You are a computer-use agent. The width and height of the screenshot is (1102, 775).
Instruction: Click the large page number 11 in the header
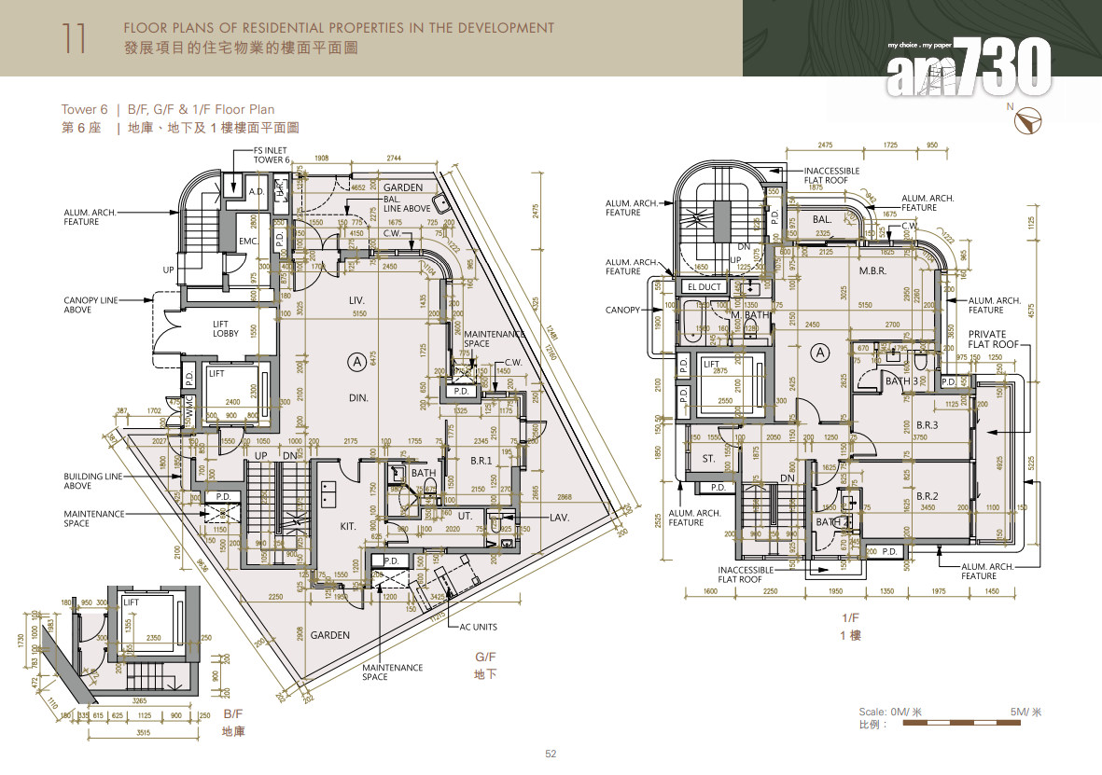pos(75,39)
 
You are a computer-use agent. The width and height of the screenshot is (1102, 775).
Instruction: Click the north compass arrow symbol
pos(1031,120)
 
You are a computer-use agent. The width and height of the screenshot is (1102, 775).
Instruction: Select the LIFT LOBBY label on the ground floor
pos(226,328)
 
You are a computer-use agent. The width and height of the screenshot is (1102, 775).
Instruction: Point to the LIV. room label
pos(356,299)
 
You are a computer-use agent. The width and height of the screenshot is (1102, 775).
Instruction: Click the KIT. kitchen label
pos(348,527)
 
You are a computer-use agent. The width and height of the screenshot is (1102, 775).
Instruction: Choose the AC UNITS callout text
pos(478,627)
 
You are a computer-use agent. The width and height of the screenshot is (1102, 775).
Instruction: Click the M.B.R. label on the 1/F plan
pos(872,271)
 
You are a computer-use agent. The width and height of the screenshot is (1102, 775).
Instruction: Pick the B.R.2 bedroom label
pos(927,496)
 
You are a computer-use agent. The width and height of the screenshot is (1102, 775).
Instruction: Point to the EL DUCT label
pos(704,287)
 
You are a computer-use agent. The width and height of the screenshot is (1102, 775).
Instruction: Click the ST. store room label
pos(708,459)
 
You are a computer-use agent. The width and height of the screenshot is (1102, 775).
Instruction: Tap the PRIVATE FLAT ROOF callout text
pos(987,339)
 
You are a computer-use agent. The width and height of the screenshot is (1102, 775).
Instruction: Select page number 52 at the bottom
pos(551,754)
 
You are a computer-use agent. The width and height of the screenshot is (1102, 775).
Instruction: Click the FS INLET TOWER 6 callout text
pos(272,155)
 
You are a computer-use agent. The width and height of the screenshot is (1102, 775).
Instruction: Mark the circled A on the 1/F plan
pos(820,353)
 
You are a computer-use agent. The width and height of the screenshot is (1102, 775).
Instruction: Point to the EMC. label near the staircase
pos(247,241)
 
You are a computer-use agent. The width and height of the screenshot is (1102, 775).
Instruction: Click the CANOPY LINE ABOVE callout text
pos(91,305)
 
